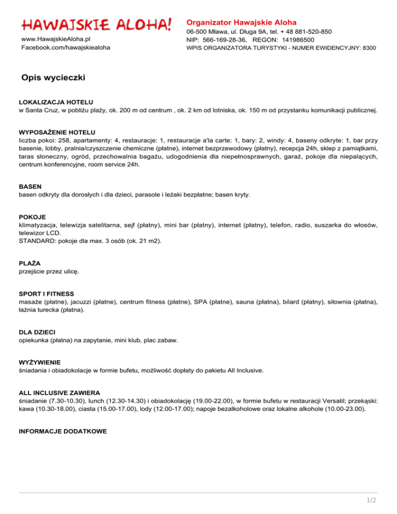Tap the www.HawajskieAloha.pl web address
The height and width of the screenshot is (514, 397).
[56, 39]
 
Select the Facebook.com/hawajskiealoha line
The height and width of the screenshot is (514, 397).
[65, 48]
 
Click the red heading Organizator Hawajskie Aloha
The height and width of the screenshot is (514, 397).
[241, 23]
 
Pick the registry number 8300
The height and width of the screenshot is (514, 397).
[369, 48]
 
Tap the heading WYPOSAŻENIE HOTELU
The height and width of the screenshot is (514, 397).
[57, 132]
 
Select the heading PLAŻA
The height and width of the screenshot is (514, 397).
[29, 263]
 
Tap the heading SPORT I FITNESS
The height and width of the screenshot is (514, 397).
[47, 293]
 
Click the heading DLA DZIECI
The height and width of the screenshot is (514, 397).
[37, 331]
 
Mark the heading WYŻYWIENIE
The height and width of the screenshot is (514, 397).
[40, 362]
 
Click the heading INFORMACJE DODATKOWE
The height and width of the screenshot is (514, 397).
[63, 415]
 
